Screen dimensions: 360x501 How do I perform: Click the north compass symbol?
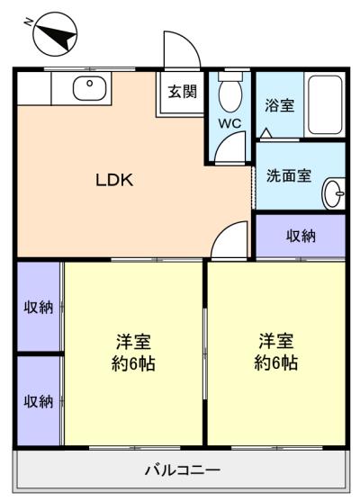(55, 34)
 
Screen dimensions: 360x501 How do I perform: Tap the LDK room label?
(114, 180)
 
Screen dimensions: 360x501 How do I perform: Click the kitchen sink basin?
(89, 88)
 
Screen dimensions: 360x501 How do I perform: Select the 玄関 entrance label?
(182, 92)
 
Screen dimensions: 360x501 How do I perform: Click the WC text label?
(229, 123)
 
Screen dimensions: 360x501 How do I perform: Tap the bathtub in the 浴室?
(325, 105)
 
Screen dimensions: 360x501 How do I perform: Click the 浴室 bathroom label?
(280, 105)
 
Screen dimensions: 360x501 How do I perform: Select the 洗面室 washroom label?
(289, 175)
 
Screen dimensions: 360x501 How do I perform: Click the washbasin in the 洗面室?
(334, 193)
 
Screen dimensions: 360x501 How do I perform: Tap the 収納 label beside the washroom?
(301, 237)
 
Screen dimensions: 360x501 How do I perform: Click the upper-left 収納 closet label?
(39, 308)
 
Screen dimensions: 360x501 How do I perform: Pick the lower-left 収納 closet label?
(39, 401)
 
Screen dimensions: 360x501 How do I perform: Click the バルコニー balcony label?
(183, 470)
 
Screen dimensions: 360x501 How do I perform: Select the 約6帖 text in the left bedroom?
(133, 363)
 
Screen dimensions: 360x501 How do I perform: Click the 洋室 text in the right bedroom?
(276, 341)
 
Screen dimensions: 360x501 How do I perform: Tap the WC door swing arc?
(225, 139)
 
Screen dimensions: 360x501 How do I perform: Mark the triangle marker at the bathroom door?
(265, 133)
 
